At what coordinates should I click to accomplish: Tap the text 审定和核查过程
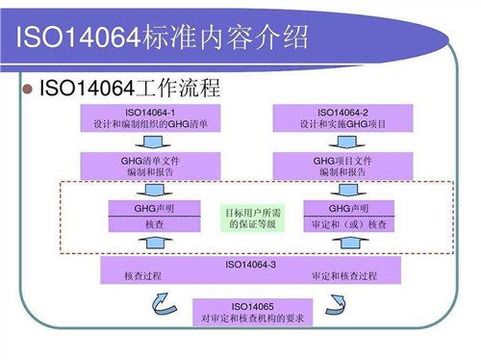[x=342, y=276]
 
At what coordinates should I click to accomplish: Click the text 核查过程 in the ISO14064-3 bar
[x=142, y=276]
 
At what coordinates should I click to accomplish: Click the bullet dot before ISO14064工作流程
[x=26, y=90]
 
